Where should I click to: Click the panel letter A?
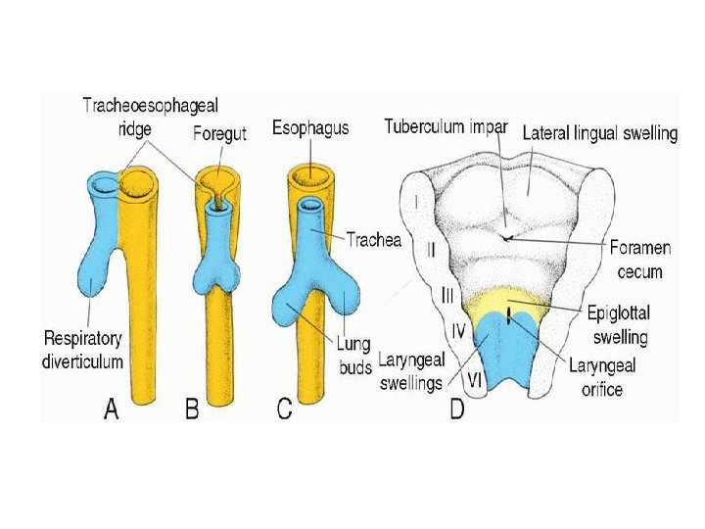pos(113,410)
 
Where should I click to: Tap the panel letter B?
pos(193,410)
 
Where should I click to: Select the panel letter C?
pos(284,410)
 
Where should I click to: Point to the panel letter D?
pos(456,410)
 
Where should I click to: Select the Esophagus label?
pos(311,128)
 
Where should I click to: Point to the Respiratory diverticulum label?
pos(82,350)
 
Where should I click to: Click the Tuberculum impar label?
pos(446,126)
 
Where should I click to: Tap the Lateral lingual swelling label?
pos(599,132)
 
